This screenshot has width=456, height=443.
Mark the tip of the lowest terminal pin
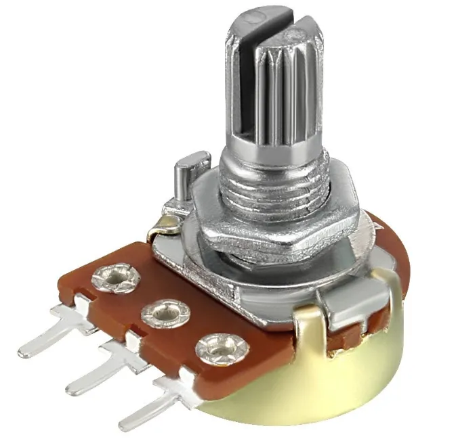click(x=125, y=423)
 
